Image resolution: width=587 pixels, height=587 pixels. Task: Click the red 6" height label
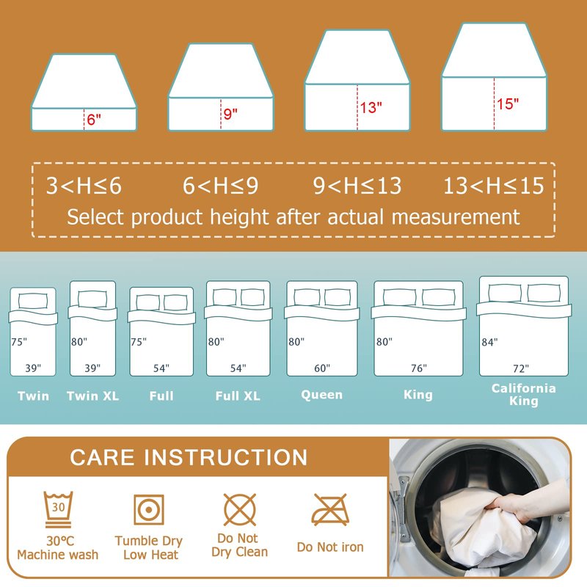click(94, 120)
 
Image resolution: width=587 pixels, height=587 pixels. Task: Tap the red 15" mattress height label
click(508, 103)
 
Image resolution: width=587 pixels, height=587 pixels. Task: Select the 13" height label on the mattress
click(371, 107)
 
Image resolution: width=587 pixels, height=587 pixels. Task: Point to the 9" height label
click(230, 114)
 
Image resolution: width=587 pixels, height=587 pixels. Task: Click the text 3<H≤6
click(84, 186)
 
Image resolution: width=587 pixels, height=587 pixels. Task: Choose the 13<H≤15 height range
click(493, 186)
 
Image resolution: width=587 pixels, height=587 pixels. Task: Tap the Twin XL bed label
click(93, 395)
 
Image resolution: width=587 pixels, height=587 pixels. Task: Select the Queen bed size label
click(322, 395)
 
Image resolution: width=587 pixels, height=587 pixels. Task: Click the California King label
click(524, 395)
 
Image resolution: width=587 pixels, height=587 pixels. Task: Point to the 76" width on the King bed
click(418, 368)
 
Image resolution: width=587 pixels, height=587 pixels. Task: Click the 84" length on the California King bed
click(489, 342)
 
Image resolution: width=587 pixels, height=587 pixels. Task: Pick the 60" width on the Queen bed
click(322, 368)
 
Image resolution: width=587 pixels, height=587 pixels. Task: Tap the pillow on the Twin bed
click(33, 301)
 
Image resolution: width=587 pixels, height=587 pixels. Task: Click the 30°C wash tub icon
click(59, 509)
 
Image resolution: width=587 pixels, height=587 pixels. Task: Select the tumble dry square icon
click(149, 509)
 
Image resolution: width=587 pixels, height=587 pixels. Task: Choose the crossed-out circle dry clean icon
click(240, 509)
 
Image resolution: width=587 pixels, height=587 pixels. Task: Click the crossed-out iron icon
click(330, 509)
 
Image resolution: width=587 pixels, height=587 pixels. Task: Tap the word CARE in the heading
click(102, 457)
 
